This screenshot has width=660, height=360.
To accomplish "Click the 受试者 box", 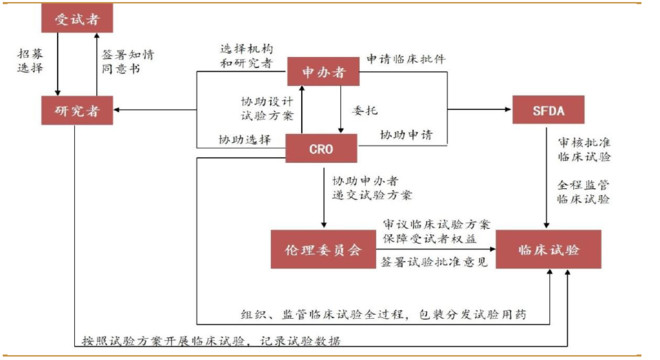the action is pyautogui.click(x=77, y=18).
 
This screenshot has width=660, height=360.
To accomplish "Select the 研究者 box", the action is pyautogui.click(x=77, y=110).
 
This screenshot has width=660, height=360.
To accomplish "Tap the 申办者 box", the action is pyautogui.click(x=323, y=72).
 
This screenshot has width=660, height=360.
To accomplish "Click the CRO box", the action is pyautogui.click(x=321, y=148).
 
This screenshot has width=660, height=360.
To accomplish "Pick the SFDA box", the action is pyautogui.click(x=548, y=109).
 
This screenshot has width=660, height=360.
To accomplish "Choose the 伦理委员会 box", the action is pyautogui.click(x=323, y=249).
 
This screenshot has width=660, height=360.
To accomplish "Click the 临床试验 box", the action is pyautogui.click(x=548, y=249).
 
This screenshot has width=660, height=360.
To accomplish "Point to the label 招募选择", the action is pyautogui.click(x=30, y=61).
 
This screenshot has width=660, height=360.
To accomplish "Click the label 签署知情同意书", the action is pyautogui.click(x=128, y=61).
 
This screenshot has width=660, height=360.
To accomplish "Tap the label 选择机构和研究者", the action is pyautogui.click(x=247, y=56).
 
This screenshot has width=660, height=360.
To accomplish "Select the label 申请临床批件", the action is pyautogui.click(x=406, y=59).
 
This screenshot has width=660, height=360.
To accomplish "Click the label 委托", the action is pyautogui.click(x=365, y=111).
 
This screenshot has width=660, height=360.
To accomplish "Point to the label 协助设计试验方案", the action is pyautogui.click(x=267, y=109).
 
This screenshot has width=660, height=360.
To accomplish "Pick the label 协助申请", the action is pyautogui.click(x=406, y=135).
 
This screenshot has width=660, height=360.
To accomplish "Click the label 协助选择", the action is pyautogui.click(x=245, y=139).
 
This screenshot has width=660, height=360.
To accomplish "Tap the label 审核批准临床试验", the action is pyautogui.click(x=584, y=149).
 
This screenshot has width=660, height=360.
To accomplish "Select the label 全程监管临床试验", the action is pyautogui.click(x=583, y=192).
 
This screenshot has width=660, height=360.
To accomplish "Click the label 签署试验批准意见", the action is pyautogui.click(x=434, y=262).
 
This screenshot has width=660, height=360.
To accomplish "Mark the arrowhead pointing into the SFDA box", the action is pyautogui.click(x=508, y=109).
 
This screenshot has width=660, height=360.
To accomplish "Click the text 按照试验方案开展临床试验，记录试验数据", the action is pyautogui.click(x=211, y=341).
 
